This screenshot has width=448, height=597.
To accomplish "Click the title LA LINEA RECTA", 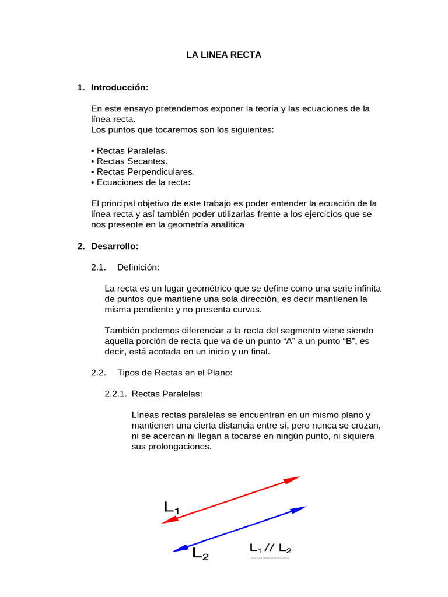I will tap(223, 55).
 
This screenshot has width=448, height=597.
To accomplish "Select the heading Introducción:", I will tap(120, 87).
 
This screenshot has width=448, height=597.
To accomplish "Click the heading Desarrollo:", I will tap(114, 246).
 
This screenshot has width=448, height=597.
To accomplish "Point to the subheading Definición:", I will tap(138, 267).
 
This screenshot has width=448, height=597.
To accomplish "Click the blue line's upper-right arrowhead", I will tap(299, 509).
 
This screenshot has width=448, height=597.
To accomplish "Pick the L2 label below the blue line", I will tap(200, 553).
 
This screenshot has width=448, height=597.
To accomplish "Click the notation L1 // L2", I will tap(270, 548).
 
